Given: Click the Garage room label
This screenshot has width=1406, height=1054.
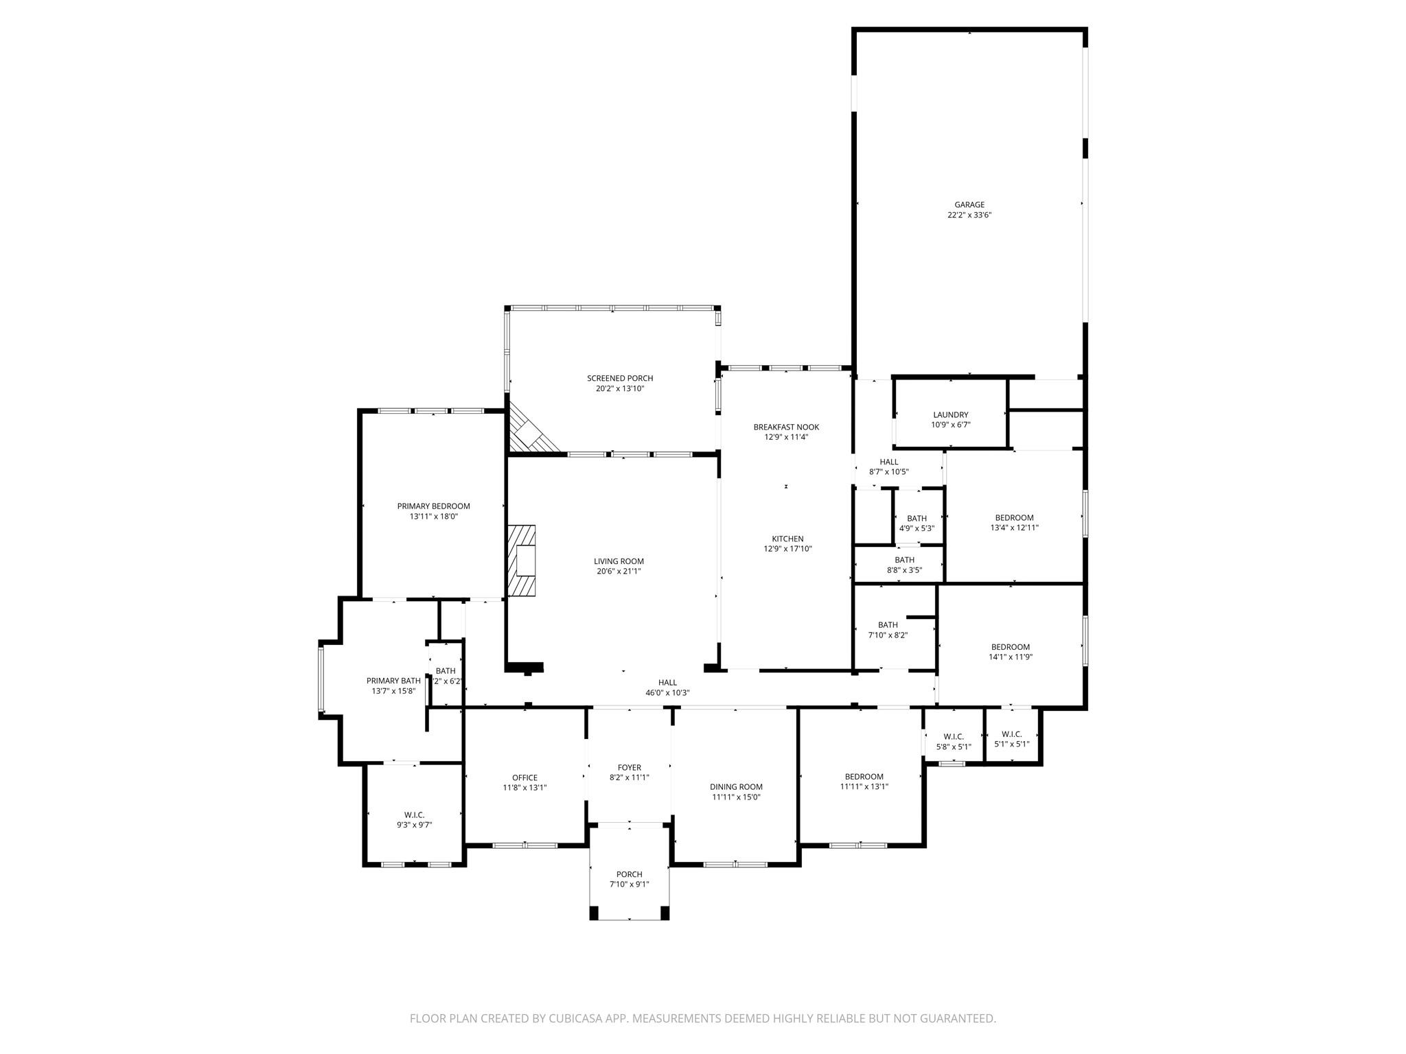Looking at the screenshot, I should [x=969, y=204].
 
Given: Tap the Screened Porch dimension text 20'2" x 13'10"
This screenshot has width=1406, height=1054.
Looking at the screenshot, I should [x=619, y=388].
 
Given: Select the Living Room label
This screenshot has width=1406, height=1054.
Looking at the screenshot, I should [x=619, y=561].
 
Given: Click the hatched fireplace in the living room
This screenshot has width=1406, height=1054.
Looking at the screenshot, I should [x=522, y=561].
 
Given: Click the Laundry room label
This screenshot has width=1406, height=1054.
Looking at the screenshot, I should [x=950, y=414].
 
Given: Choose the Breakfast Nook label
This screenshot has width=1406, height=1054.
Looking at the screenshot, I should [x=786, y=427].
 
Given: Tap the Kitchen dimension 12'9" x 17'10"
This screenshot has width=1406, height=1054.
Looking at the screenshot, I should [x=787, y=549].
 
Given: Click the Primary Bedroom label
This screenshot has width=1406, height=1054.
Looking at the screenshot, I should [x=433, y=506].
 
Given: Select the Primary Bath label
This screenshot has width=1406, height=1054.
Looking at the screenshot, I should [x=393, y=681].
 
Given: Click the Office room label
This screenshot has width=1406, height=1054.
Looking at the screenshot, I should [x=525, y=777].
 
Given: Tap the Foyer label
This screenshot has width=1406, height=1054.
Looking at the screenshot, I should [x=629, y=767].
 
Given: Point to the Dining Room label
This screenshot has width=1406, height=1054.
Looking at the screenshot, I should [x=736, y=787].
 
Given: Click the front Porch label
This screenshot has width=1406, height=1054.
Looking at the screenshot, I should [x=629, y=874].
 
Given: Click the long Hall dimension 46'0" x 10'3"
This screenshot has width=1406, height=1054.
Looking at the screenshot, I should [x=667, y=693].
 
